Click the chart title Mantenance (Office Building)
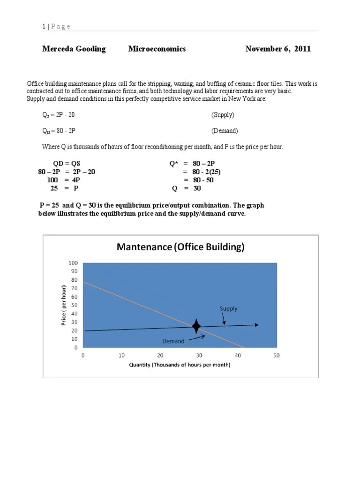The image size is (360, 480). (180, 247)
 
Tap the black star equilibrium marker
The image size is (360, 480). (196, 326)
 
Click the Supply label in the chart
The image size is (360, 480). (229, 308)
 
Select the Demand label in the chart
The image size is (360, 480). (173, 341)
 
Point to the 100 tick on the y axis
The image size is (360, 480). (74, 263)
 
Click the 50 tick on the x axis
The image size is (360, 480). (277, 355)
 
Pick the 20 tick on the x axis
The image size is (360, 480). (160, 355)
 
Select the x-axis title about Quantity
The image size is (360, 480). (180, 365)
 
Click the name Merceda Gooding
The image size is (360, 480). (74, 49)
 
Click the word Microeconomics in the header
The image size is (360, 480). (157, 49)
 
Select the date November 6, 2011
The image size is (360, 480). (278, 49)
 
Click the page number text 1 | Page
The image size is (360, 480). (56, 26)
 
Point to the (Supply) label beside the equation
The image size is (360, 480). (223, 114)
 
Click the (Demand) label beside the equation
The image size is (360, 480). (225, 131)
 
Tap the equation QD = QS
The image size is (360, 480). (64, 164)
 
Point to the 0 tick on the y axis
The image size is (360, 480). (76, 348)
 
